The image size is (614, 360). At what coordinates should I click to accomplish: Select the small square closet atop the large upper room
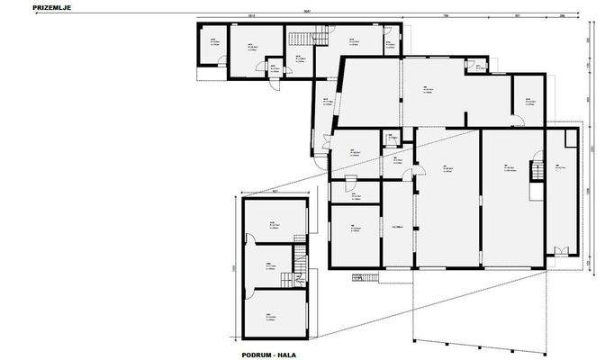471,65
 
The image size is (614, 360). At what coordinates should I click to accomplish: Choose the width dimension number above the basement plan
275,191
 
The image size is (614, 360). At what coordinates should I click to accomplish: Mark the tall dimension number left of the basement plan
234,267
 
